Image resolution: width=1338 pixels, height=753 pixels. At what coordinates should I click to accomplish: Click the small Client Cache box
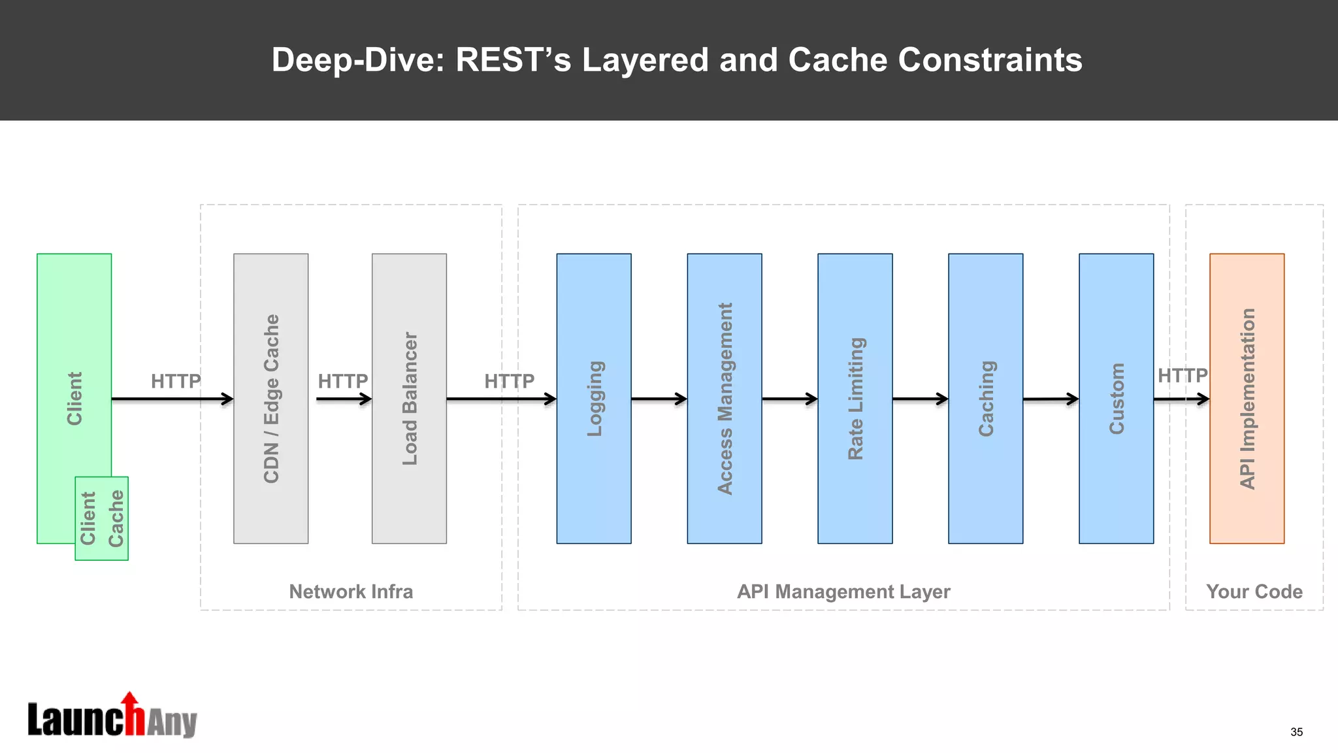(x=101, y=518)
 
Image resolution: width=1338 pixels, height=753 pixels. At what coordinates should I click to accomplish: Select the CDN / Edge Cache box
(x=270, y=398)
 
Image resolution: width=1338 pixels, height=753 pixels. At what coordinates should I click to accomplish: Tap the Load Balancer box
(x=409, y=398)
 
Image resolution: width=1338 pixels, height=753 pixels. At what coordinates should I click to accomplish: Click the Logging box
(x=593, y=398)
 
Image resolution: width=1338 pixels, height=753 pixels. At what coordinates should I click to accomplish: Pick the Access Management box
(x=724, y=398)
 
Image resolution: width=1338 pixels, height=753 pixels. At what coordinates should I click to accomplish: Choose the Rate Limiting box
(x=855, y=398)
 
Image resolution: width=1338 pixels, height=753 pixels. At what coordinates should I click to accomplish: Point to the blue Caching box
(x=985, y=398)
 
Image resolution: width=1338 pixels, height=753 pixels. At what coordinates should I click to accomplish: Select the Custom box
(x=1116, y=398)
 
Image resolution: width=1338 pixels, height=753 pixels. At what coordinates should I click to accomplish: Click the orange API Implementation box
(x=1247, y=398)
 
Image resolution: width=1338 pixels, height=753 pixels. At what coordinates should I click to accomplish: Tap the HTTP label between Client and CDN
(x=176, y=381)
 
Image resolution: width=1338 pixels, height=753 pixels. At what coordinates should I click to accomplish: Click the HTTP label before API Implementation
(x=1183, y=376)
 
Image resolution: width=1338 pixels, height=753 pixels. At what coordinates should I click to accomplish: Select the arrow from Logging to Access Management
(x=659, y=399)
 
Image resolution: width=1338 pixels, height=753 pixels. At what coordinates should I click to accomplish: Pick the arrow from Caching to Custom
(x=1051, y=399)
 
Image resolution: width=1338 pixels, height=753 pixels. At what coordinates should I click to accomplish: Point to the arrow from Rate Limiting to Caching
(x=920, y=399)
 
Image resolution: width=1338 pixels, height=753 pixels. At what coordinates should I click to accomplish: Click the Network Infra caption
(x=351, y=592)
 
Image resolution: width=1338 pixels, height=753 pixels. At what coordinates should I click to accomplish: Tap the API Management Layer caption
(x=843, y=592)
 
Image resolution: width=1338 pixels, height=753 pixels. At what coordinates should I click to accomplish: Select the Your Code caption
(x=1254, y=592)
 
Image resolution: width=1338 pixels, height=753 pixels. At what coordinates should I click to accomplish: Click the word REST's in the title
(x=513, y=60)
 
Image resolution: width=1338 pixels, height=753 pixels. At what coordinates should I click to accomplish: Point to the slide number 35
(x=1296, y=732)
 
